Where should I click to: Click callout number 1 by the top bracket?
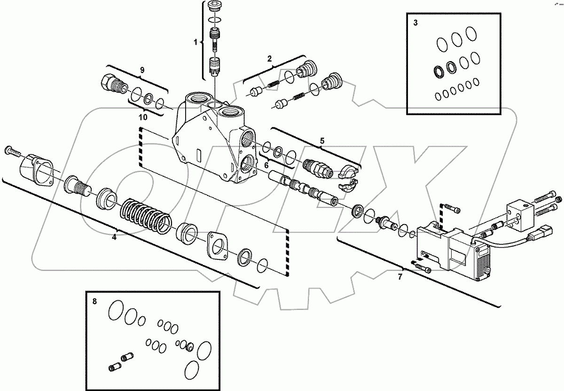coord(196,42)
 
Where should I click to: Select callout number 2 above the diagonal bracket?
coord(269,59)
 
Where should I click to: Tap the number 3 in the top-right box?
coord(415,23)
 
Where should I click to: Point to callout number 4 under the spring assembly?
coord(114,237)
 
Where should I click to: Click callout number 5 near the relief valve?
coord(322,141)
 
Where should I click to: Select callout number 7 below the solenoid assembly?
coord(400,277)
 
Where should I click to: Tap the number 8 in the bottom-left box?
coord(94,301)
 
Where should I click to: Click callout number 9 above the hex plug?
coord(142,70)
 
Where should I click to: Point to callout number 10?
coord(142,116)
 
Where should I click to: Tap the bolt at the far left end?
coord(12,151)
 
